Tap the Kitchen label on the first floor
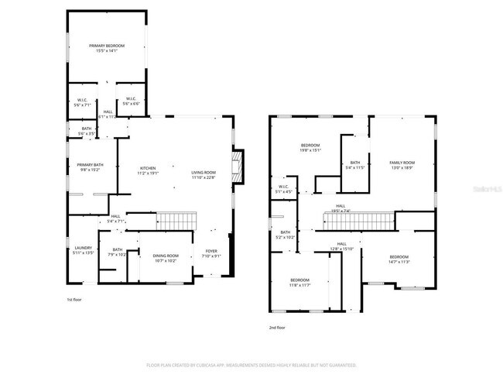tap(148, 170)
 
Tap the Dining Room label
tap(166, 258)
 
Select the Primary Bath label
tap(90, 167)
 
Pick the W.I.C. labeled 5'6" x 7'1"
tap(84, 101)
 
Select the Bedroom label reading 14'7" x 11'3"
tap(399, 259)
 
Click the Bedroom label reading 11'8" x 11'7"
tap(299, 282)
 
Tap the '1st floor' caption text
tap(75, 299)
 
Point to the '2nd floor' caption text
tap(278, 328)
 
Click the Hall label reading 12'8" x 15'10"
tap(341, 246)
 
